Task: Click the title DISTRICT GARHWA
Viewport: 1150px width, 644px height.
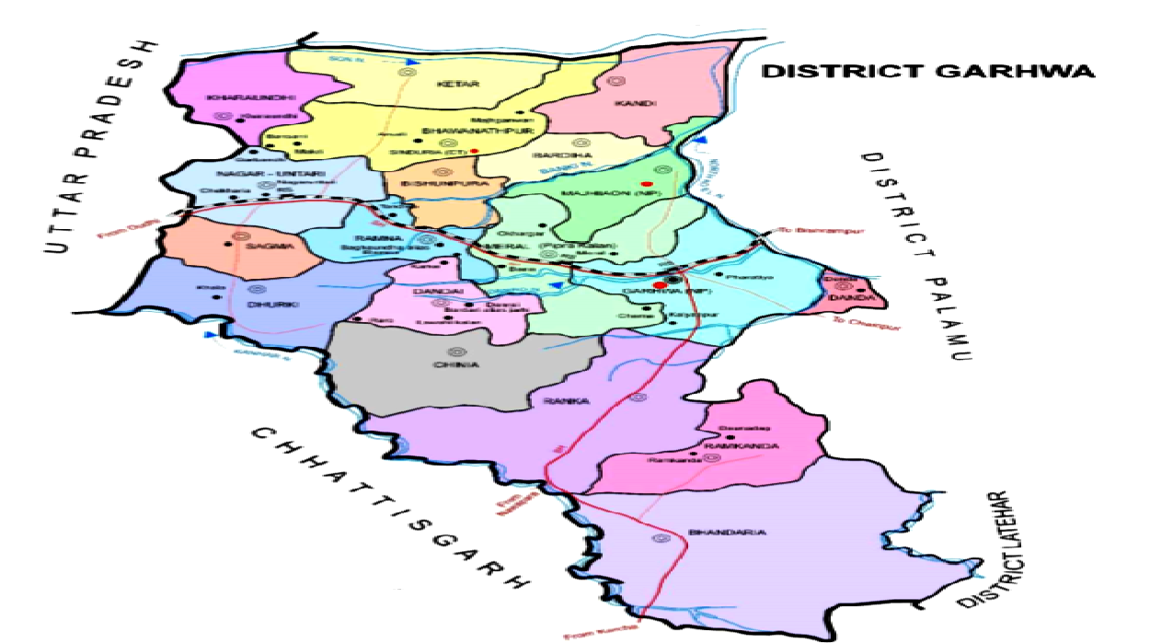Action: coord(929,72)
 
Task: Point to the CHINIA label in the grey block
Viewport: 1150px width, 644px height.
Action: coord(456,365)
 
